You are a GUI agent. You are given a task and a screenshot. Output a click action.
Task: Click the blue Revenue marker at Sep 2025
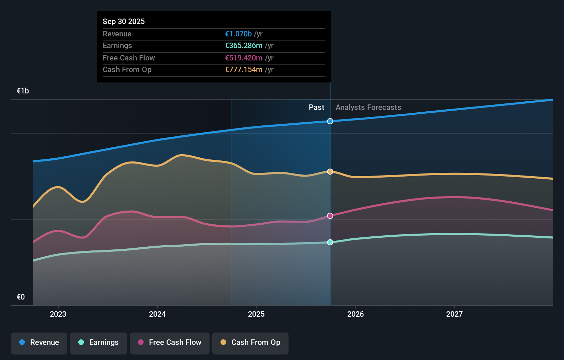click(x=330, y=121)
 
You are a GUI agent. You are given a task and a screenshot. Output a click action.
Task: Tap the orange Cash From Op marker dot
click(x=330, y=171)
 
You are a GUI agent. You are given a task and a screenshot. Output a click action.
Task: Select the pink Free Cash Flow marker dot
click(x=330, y=216)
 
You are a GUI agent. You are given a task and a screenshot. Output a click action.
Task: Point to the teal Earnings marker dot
click(x=330, y=242)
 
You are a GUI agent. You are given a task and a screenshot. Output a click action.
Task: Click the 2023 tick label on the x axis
click(x=58, y=314)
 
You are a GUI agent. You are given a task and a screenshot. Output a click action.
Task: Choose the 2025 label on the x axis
click(x=256, y=314)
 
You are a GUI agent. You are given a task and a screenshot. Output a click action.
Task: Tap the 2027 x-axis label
click(x=454, y=314)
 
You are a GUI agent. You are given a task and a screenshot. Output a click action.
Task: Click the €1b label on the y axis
click(x=23, y=91)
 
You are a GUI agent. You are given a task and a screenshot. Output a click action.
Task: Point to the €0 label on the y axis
click(x=21, y=297)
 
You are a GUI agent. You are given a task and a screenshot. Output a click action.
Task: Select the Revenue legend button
click(x=39, y=342)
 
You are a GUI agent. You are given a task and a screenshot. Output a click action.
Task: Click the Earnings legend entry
click(x=99, y=342)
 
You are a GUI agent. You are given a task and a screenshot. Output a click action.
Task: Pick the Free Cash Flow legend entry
click(x=170, y=342)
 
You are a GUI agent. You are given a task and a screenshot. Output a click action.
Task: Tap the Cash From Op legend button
click(x=250, y=342)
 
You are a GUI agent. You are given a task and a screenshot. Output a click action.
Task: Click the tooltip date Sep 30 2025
click(x=124, y=21)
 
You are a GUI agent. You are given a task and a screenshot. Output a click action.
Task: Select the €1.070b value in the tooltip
click(x=238, y=34)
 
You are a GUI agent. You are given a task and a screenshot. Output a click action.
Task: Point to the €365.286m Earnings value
click(x=244, y=46)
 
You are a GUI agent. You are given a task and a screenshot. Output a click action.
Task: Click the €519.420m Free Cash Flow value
click(x=244, y=58)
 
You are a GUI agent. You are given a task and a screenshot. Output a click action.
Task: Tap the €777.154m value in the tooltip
click(x=244, y=70)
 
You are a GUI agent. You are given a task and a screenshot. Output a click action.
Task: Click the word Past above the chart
click(x=316, y=108)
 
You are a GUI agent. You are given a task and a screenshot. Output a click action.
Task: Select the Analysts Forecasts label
click(x=368, y=108)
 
